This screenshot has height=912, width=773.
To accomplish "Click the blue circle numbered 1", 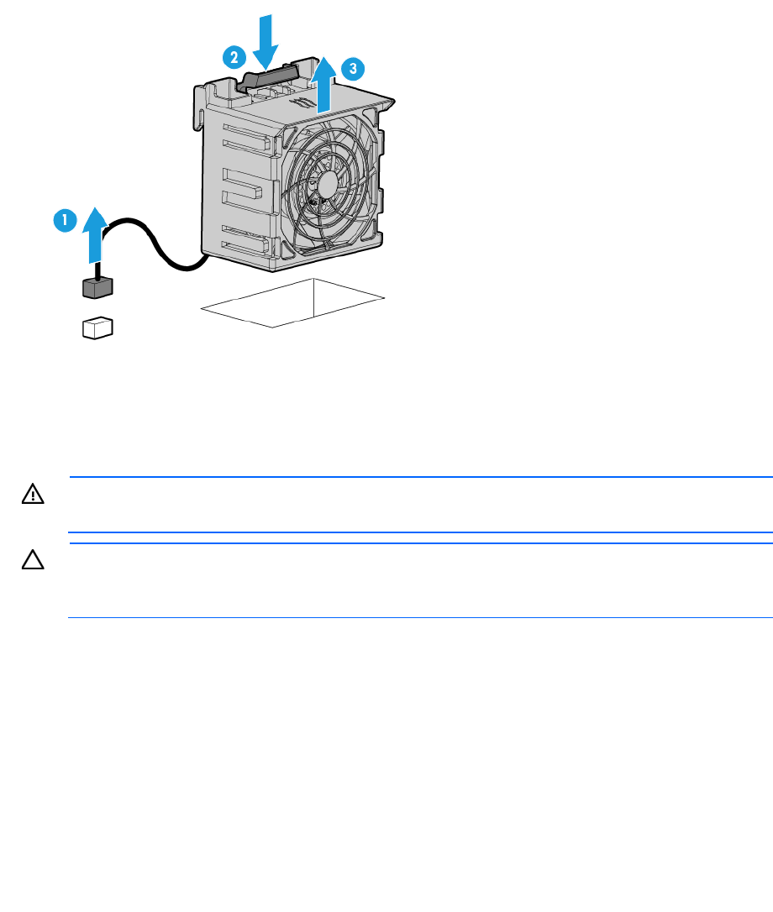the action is pyautogui.click(x=62, y=221).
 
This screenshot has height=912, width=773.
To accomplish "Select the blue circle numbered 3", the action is pyautogui.click(x=355, y=66).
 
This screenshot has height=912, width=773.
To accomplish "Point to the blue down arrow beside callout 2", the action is pyautogui.click(x=266, y=39).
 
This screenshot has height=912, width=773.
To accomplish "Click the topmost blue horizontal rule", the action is pyautogui.click(x=420, y=477).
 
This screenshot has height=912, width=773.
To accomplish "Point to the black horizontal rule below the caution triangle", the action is pyautogui.click(x=420, y=618).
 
